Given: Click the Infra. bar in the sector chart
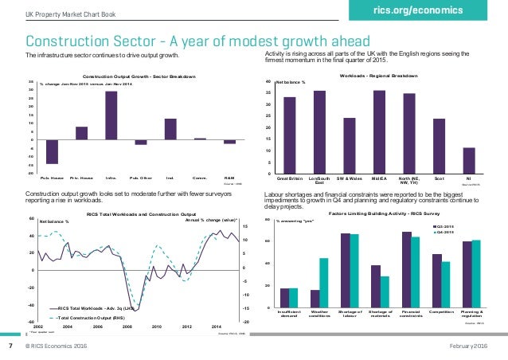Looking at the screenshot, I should (111, 115).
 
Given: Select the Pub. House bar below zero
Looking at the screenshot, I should (52, 151).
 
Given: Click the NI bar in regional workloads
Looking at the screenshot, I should (469, 160).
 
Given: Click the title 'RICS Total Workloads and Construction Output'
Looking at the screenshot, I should (141, 213).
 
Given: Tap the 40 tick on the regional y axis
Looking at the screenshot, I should (268, 82).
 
